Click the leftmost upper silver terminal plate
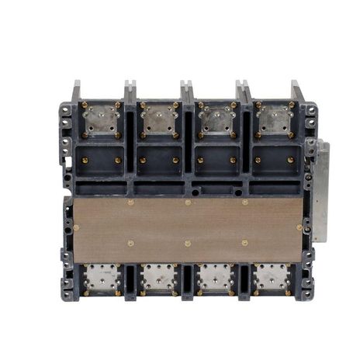click(x=102, y=119)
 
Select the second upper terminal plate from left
click(x=159, y=119)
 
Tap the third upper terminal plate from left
click(x=216, y=119)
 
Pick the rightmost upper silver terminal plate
click(x=274, y=119)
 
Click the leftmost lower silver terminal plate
click(x=102, y=278)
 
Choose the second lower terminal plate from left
click(x=159, y=278)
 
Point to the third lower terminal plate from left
click(x=216, y=278)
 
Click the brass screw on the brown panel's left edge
click(x=76, y=227)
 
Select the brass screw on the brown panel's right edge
click(x=299, y=227)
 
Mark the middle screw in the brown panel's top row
click(x=188, y=202)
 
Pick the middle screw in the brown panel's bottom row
click(x=188, y=243)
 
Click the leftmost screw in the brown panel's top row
click(x=130, y=202)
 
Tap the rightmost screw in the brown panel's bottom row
click(x=245, y=243)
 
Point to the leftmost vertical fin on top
click(x=76, y=91)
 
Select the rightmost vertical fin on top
click(x=297, y=91)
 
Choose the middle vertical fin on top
click(x=187, y=91)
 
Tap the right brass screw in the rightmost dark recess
click(x=291, y=161)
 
